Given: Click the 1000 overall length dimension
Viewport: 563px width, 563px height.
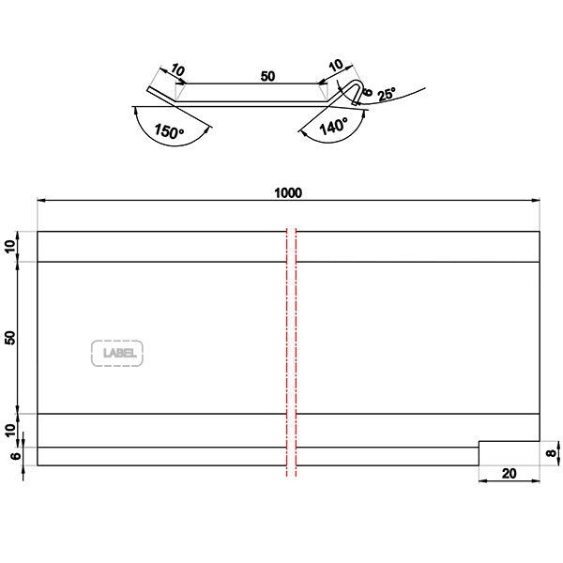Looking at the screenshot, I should coord(287,191).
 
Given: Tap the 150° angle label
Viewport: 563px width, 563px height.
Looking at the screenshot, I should coord(166,132).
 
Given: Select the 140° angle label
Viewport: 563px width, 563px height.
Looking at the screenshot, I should coord(332,127).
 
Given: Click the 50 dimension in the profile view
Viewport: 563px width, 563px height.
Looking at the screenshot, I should coord(267,76).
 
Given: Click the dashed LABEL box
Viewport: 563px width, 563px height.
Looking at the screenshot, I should coord(117,353).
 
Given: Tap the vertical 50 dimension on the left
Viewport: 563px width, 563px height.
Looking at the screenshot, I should coord(10,337).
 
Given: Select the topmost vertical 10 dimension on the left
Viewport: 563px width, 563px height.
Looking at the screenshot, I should coord(10,246).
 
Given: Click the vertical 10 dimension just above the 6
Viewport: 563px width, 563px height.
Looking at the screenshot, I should coord(10,430).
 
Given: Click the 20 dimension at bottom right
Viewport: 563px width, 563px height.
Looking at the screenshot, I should coord(509,474).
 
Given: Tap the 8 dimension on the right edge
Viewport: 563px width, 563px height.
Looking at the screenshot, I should coord(551,452).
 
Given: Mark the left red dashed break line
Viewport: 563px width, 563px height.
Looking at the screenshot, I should coord(287,352).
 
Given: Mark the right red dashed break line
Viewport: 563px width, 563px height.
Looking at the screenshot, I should coord(297,352).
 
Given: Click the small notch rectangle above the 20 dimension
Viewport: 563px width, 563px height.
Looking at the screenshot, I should coord(510,452).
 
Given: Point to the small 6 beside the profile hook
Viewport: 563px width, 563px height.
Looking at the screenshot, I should coord(368,94).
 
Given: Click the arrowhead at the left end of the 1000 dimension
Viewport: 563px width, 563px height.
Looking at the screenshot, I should coord(40,200).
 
